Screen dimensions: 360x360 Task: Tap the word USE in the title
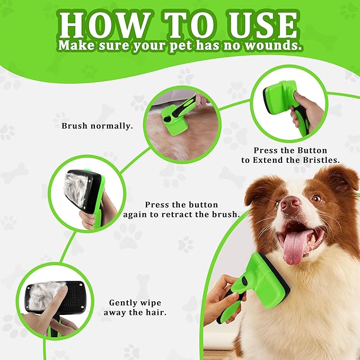(x=262, y=25)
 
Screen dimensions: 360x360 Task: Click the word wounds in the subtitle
(x=273, y=45)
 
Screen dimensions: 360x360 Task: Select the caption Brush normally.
(x=97, y=126)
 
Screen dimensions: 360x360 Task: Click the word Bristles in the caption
(x=321, y=160)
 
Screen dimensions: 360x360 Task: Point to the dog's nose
(x=290, y=204)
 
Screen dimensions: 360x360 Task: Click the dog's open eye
(x=317, y=198)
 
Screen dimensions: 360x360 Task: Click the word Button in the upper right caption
(x=312, y=151)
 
